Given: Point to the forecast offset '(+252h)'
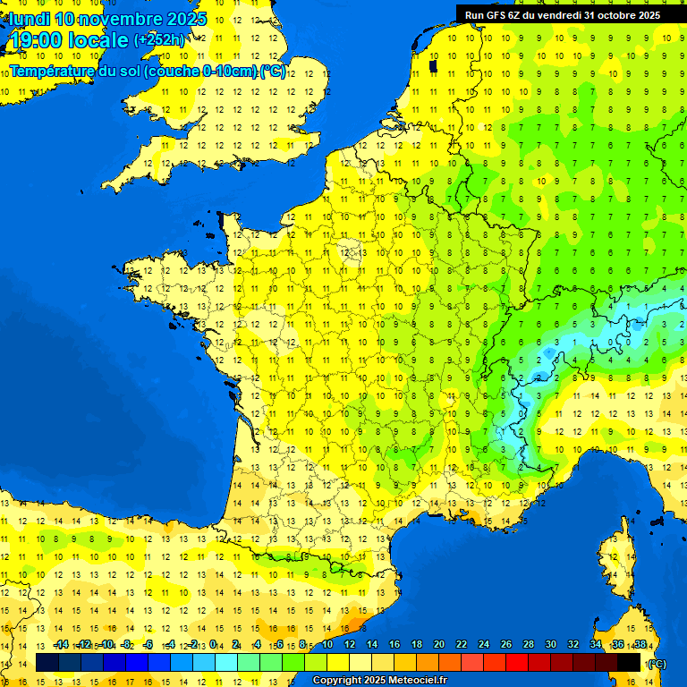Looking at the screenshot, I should coord(160,40).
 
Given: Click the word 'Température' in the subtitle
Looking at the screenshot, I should coord(52,71).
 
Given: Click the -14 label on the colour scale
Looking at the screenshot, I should coord(61,644).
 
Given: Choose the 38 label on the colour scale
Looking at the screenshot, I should coord(640,644).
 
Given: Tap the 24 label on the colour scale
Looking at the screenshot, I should coord(484,644).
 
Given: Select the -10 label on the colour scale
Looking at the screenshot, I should coord(106,644).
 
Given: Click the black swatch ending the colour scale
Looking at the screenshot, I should coord(630,662).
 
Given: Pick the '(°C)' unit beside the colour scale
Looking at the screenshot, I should coord(656,663).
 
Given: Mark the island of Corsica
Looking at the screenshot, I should coord(617,572).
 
